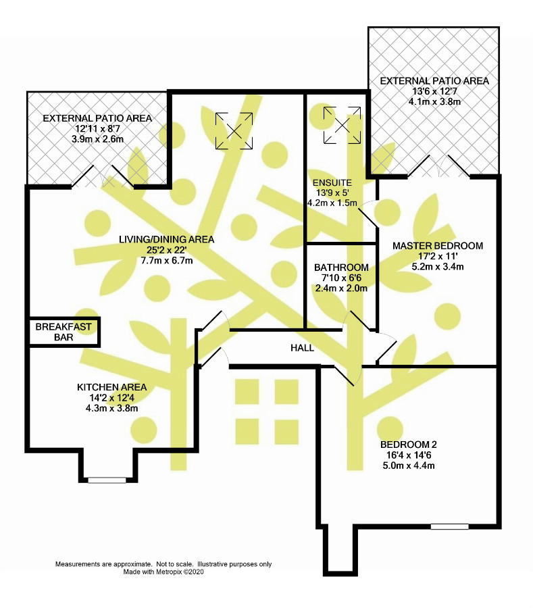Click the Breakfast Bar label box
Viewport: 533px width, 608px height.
point(64,332)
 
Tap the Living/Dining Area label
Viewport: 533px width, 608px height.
point(166,239)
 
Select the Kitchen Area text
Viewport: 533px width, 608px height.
point(111,387)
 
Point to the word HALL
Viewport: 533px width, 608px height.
point(302,348)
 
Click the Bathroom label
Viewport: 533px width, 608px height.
point(341,268)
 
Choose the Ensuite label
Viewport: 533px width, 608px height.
point(332,182)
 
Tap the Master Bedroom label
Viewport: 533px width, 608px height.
point(438,246)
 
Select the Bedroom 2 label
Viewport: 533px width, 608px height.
point(409,445)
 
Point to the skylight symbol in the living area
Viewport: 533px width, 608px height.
point(234,130)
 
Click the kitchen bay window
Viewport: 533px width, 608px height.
point(107,480)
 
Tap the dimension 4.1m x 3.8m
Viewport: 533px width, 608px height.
point(434,102)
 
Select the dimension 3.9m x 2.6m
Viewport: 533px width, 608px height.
point(97,139)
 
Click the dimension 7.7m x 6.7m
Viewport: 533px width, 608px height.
point(166,260)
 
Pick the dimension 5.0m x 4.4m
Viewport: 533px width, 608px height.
point(409,465)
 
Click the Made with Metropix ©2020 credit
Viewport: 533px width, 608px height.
point(163,572)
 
